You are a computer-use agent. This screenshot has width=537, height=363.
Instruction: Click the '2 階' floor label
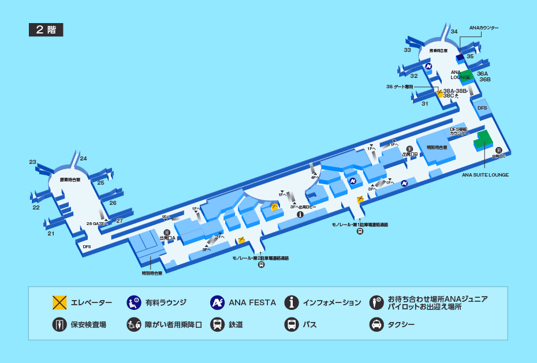tap(46, 30)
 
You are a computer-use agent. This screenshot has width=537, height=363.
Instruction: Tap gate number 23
tap(33, 162)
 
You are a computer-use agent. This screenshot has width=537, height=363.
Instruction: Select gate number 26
tap(113, 203)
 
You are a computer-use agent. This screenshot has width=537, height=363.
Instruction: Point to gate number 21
tap(51, 233)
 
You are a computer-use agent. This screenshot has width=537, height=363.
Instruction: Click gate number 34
tap(454, 31)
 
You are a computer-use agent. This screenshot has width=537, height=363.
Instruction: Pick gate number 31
tap(425, 103)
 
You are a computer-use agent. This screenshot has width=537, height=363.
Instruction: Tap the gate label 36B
tap(484, 80)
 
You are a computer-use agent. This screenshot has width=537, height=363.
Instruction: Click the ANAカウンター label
tap(484, 28)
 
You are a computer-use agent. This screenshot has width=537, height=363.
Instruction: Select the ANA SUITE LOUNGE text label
tap(485, 174)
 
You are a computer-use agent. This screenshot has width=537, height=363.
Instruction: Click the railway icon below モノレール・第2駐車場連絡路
tap(261, 265)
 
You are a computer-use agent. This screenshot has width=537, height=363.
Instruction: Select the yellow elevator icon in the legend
tap(58, 302)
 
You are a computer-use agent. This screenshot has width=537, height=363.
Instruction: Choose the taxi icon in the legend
tap(376, 324)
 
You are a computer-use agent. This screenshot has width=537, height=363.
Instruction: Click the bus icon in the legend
tap(292, 324)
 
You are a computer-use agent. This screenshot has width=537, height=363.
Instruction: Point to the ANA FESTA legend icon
tap(217, 302)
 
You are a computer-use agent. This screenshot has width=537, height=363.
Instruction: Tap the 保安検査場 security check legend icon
tap(58, 324)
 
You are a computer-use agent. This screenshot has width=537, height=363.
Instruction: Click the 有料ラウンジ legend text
tap(166, 302)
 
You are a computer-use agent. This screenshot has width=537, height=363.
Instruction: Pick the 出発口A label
tap(167, 237)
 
